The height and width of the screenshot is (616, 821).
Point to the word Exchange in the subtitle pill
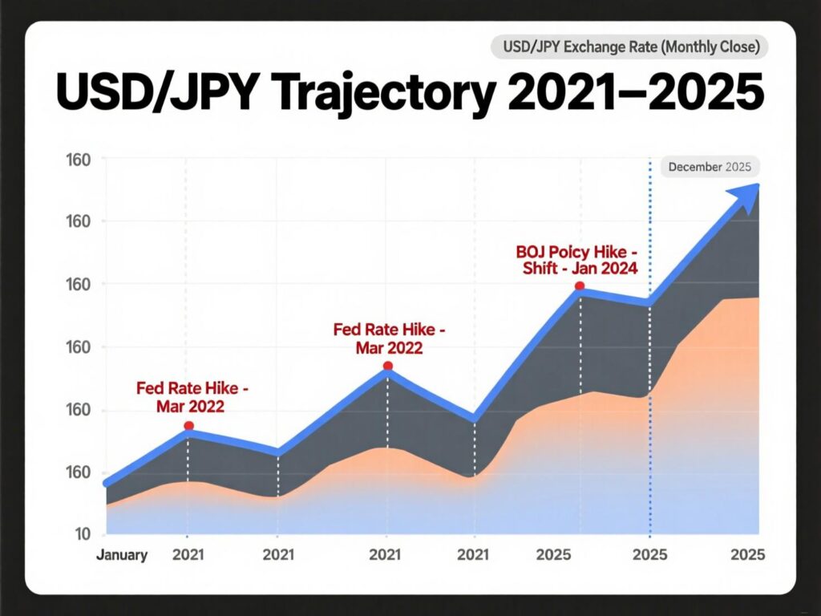(x=592, y=47)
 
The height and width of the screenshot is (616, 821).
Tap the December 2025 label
(x=709, y=167)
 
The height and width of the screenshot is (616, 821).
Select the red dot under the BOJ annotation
(x=580, y=286)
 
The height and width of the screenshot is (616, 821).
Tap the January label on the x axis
(x=122, y=555)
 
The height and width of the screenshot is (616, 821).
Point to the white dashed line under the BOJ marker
(x=580, y=345)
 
